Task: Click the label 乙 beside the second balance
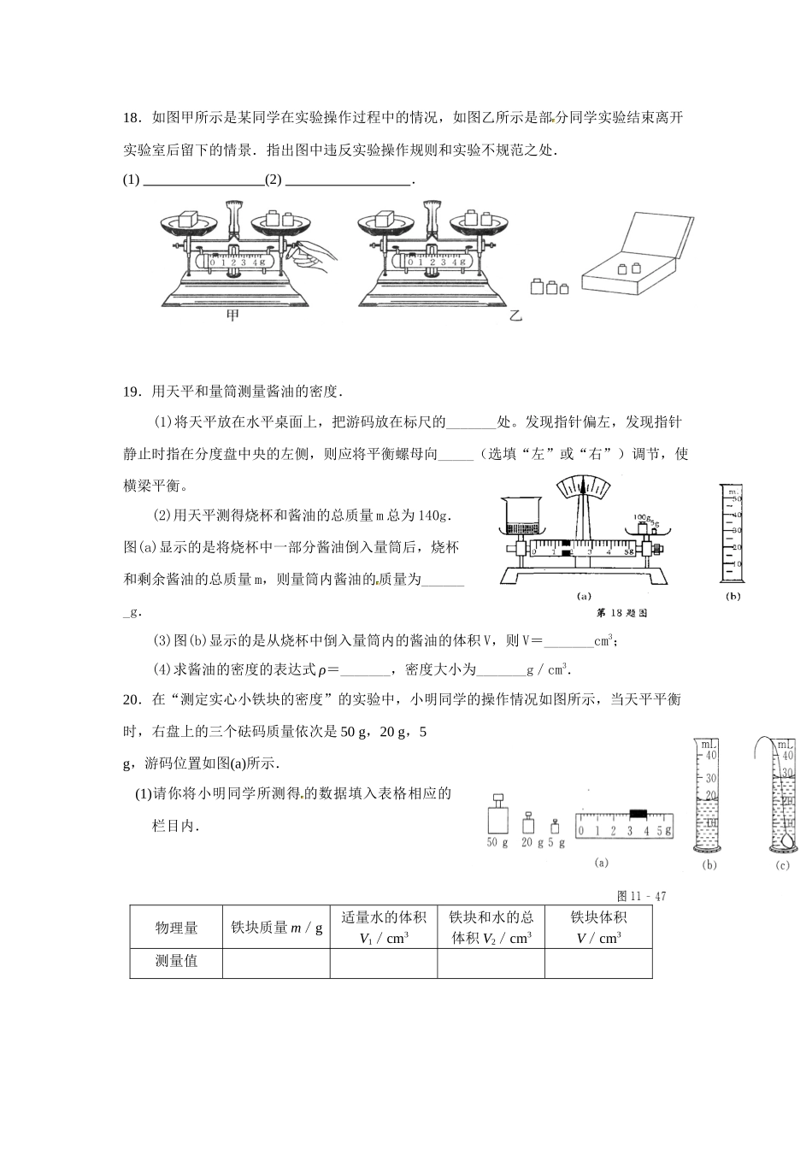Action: pyautogui.click(x=515, y=315)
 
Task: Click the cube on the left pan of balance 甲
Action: pyautogui.click(x=190, y=219)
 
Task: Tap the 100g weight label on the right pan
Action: pyautogui.click(x=642, y=517)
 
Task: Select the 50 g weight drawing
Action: pyautogui.click(x=497, y=816)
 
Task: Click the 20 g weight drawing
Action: pyautogui.click(x=527, y=823)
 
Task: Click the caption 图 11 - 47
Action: pyautogui.click(x=641, y=896)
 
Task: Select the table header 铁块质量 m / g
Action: pyautogui.click(x=276, y=928)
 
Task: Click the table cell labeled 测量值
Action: pyautogui.click(x=176, y=962)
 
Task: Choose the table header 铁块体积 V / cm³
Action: pyautogui.click(x=598, y=928)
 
